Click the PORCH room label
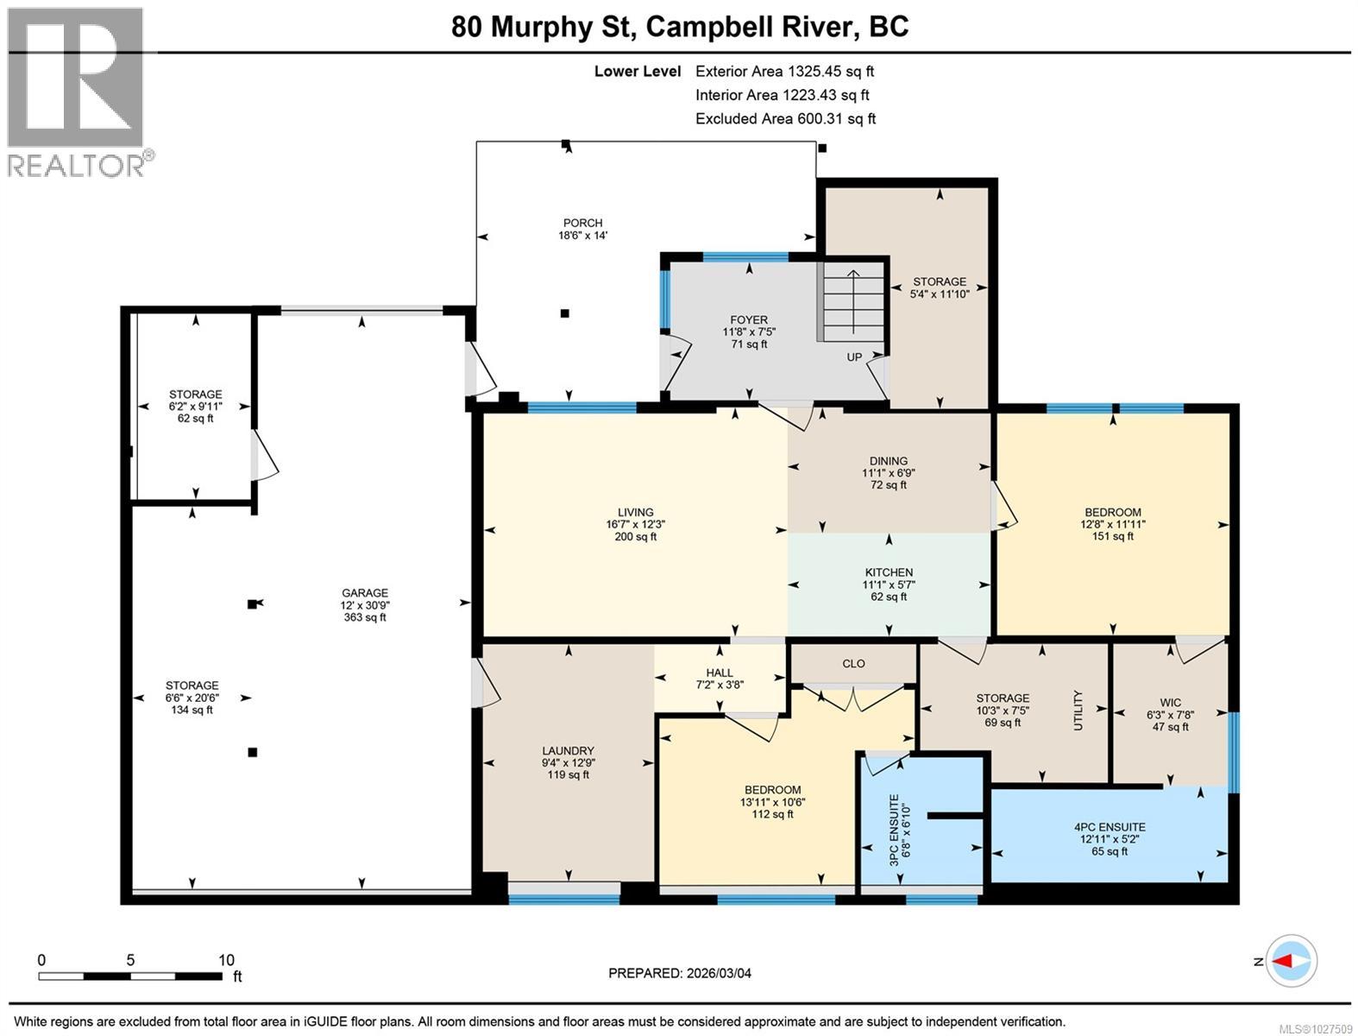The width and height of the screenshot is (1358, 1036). (x=582, y=223)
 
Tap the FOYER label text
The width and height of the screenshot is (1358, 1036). (x=749, y=319)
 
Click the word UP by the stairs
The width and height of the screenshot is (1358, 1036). (x=854, y=357)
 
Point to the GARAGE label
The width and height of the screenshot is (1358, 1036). (x=365, y=592)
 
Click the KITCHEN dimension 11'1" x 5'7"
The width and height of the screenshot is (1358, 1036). (x=889, y=584)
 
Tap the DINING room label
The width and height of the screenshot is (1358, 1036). (x=889, y=460)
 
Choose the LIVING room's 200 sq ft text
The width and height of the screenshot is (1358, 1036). (x=635, y=537)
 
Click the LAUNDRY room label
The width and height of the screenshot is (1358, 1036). (x=568, y=750)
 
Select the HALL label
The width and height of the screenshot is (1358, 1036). (x=719, y=673)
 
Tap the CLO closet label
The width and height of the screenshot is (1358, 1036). (x=853, y=663)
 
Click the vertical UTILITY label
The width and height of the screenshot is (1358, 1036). (x=1078, y=711)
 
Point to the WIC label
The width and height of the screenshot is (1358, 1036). (x=1170, y=703)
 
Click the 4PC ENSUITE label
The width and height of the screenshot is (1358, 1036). (x=1110, y=827)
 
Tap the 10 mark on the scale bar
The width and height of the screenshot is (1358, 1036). (x=226, y=960)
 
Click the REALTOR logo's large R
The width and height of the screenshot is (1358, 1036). (x=75, y=77)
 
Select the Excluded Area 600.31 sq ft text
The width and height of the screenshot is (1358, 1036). (x=785, y=118)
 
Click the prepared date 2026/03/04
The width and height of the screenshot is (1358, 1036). (x=719, y=973)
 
